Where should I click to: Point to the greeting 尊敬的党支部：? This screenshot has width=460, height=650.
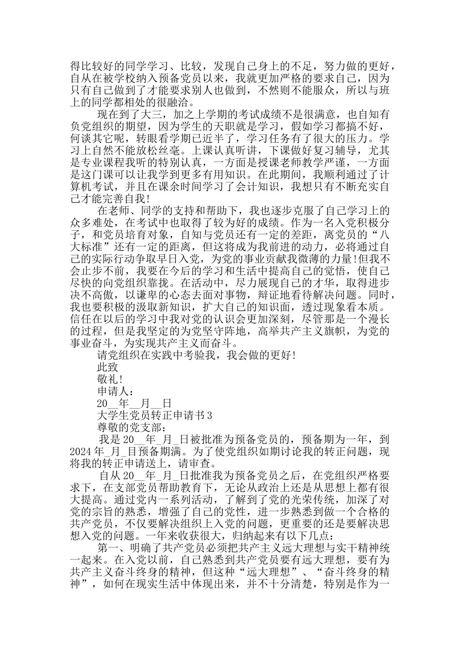(131, 427)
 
